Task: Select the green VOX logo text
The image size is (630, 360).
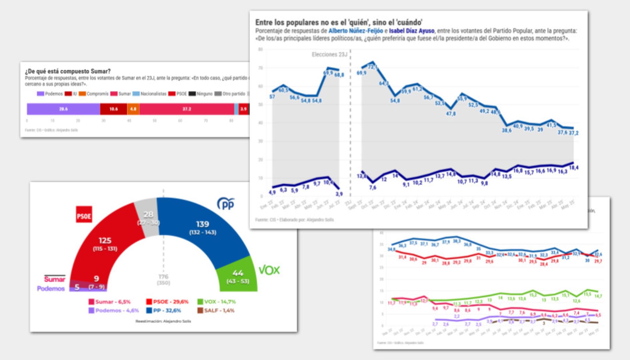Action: [x=269, y=270]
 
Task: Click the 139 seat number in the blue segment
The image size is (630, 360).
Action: [x=203, y=224]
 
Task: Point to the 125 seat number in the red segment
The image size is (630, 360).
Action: [x=105, y=241]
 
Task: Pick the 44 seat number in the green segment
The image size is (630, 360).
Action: [x=238, y=273]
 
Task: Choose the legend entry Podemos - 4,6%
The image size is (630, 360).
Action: [x=114, y=311]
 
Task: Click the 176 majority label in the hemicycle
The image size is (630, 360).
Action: [x=163, y=277]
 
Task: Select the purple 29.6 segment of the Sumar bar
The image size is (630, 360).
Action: [x=63, y=109]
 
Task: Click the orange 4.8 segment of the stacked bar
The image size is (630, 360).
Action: [x=133, y=109]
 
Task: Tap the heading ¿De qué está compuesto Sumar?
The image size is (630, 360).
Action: [x=68, y=71]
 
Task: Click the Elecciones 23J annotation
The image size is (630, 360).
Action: [x=329, y=54]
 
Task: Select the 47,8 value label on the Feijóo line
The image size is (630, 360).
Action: [x=451, y=114]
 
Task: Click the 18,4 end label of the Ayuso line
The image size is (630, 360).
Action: [x=574, y=168]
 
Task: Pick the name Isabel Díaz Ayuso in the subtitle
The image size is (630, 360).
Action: [x=412, y=31]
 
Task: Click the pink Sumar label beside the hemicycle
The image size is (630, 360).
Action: [x=54, y=279]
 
